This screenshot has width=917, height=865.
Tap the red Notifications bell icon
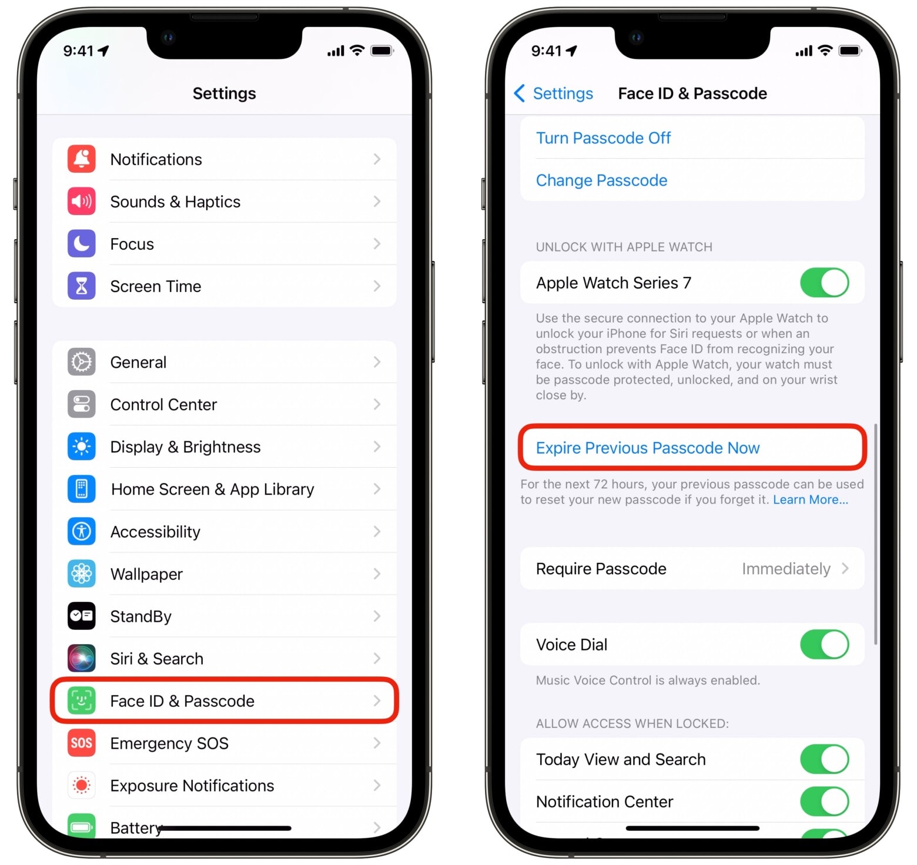tap(82, 159)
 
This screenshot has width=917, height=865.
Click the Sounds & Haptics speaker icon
tap(82, 202)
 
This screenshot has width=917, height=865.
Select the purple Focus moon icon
tap(82, 244)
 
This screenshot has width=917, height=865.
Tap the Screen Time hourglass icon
tap(82, 286)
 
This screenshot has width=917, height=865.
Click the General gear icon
tap(82, 362)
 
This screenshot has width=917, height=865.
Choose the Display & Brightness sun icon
tap(82, 447)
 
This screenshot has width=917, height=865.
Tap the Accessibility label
tap(155, 532)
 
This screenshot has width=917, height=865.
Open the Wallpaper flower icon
tap(82, 574)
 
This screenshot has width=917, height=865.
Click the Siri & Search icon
tap(82, 658)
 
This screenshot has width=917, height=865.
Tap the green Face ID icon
tap(82, 700)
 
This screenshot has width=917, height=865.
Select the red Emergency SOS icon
tap(82, 743)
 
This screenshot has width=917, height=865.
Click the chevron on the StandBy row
tap(377, 616)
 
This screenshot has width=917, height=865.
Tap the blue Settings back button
tap(553, 93)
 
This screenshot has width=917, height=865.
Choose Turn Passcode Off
tap(603, 138)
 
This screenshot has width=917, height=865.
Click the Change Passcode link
tap(601, 180)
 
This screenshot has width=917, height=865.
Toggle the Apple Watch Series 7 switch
tap(824, 283)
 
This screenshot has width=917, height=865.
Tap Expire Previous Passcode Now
tap(648, 448)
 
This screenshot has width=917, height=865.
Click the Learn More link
tap(811, 499)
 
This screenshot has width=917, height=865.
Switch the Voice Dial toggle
tap(824, 645)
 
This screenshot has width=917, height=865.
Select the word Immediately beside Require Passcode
tap(786, 569)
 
